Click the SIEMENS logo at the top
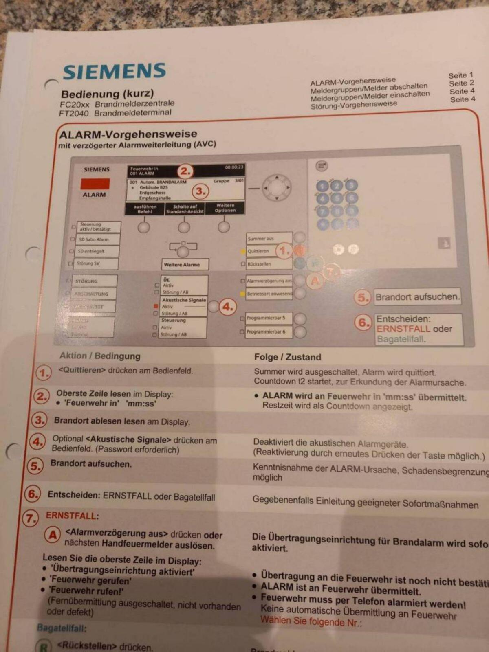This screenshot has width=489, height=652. pyautogui.click(x=114, y=71)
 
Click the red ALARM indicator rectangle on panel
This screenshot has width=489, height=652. pyautogui.click(x=95, y=184)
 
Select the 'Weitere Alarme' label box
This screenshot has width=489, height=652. pyautogui.click(x=185, y=265)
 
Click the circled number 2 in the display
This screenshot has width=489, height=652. pyautogui.click(x=185, y=171)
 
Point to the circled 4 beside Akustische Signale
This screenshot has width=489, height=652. pyautogui.click(x=228, y=307)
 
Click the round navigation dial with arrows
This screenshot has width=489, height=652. pyautogui.click(x=277, y=188)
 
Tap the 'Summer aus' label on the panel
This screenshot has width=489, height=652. pyautogui.click(x=269, y=238)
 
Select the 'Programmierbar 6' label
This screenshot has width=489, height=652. pyautogui.click(x=269, y=332)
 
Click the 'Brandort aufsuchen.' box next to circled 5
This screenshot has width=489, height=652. pyautogui.click(x=417, y=297)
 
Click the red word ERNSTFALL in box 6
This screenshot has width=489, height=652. pyautogui.click(x=403, y=329)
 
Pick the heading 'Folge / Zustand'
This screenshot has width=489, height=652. pyautogui.click(x=287, y=357)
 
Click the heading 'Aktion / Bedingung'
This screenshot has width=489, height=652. pyautogui.click(x=100, y=356)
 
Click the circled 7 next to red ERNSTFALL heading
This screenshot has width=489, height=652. pyautogui.click(x=30, y=518)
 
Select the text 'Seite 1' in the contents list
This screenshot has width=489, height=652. pyautogui.click(x=460, y=75)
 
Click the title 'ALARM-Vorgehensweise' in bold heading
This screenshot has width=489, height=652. pyautogui.click(x=128, y=134)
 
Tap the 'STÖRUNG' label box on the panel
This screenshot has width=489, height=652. pyautogui.click(x=95, y=281)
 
